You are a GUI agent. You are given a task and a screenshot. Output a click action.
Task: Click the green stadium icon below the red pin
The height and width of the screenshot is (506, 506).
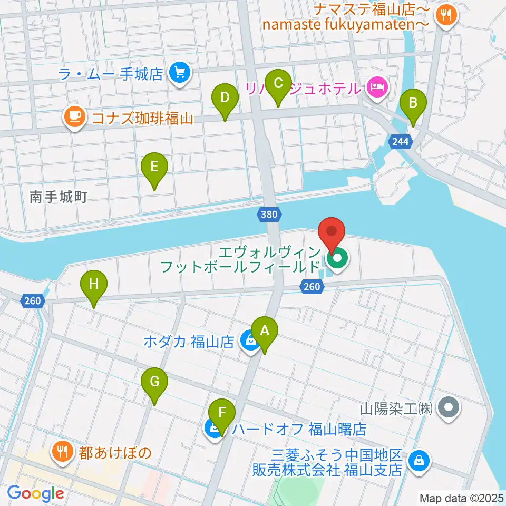point(336,258)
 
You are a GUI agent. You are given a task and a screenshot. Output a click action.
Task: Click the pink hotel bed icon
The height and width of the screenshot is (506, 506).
point(377,86)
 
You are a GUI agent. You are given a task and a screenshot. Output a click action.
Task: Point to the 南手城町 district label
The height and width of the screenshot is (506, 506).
point(58,198)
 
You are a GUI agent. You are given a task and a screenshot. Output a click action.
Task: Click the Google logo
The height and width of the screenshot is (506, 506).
point(35,493)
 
